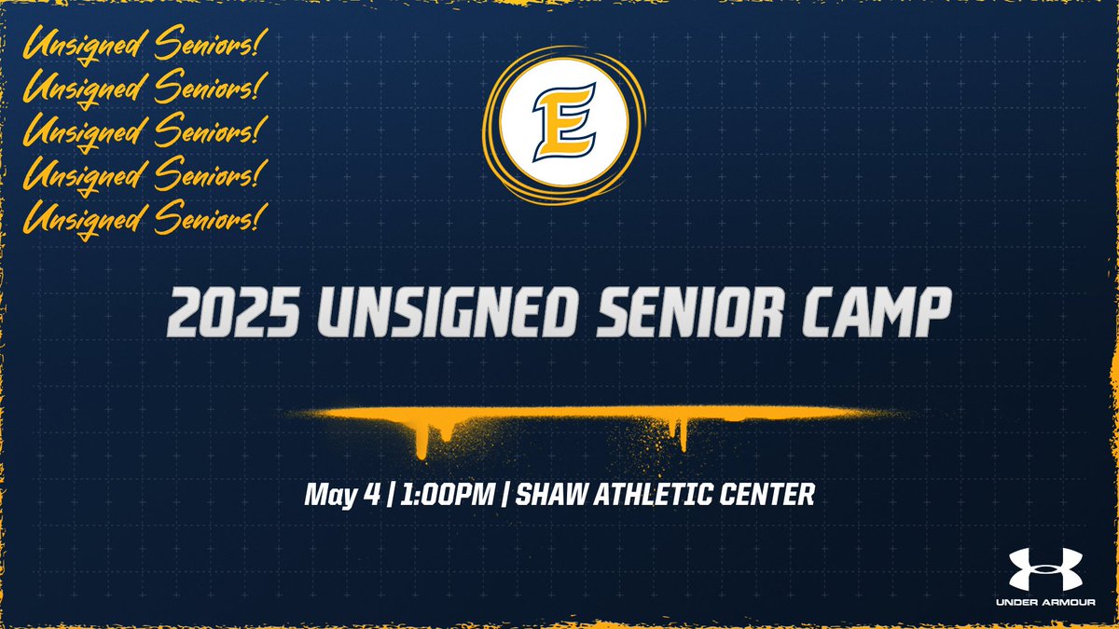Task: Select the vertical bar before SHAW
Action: click(505, 494)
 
